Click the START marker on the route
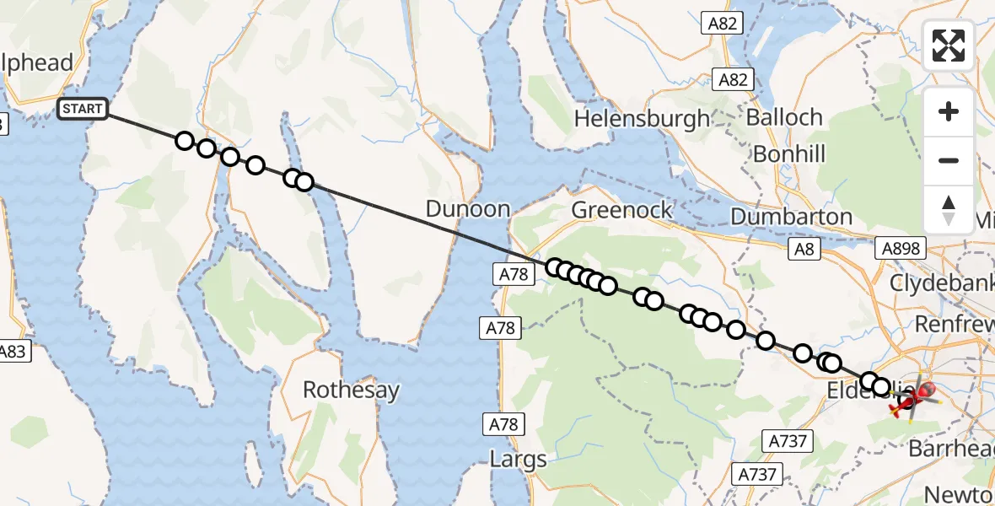pos(83,109)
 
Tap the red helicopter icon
pos(907,401)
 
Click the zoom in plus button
pos(949,112)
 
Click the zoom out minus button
pos(949,161)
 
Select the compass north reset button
pos(949,210)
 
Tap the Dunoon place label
pos(468,209)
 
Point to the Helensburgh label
pos(642,119)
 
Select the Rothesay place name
pos(351,390)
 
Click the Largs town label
pos(518,460)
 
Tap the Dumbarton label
pos(791,217)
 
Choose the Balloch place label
pos(784,117)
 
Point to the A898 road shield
pos(901,248)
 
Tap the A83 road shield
pos(13,352)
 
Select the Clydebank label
pos(941,283)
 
